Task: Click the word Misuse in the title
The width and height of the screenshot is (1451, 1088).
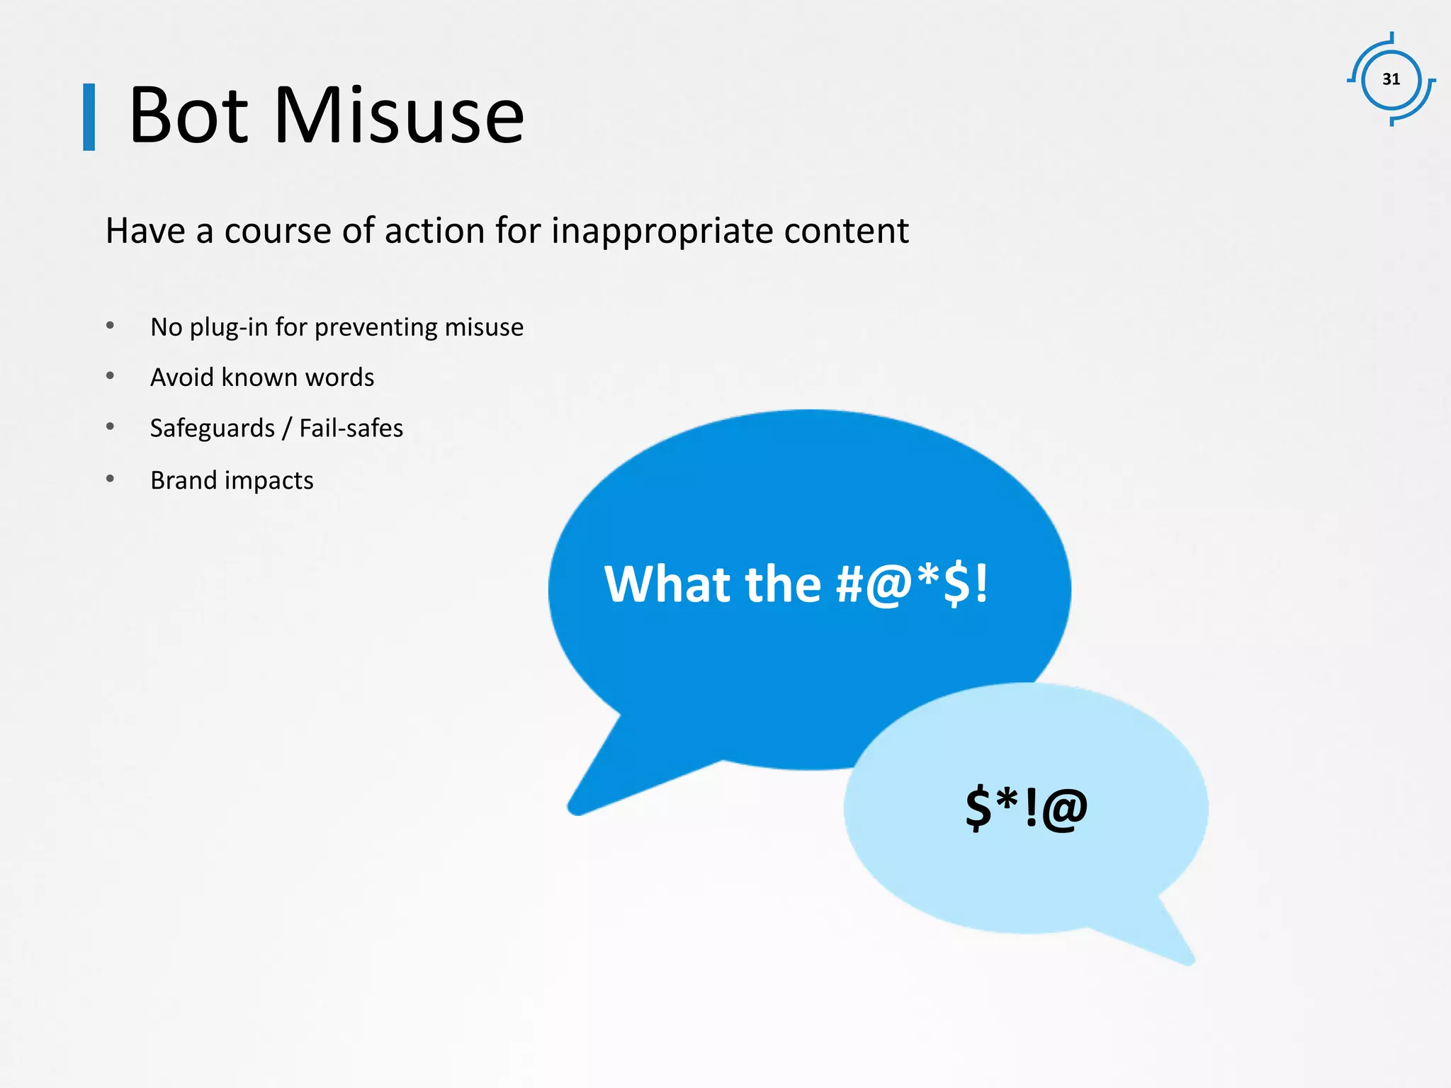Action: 399,115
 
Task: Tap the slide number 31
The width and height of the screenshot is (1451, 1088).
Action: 1391,79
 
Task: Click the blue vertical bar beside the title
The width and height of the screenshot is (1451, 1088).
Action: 89,117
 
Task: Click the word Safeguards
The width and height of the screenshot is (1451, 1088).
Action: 213,429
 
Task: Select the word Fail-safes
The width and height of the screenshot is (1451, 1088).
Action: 351,429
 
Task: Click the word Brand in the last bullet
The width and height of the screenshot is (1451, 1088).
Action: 184,480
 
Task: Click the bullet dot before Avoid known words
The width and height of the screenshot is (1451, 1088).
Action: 110,376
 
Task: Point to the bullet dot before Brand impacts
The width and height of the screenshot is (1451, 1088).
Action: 110,479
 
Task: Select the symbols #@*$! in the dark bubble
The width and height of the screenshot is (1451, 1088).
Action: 912,584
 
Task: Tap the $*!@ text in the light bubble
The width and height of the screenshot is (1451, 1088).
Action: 1026,807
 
